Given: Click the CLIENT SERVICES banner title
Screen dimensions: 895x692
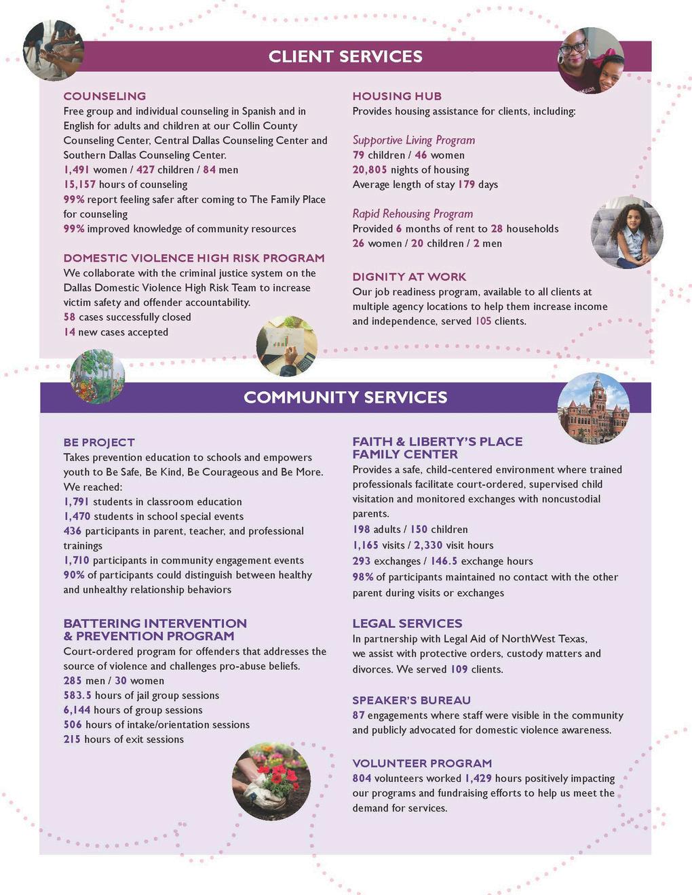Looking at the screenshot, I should [x=345, y=56].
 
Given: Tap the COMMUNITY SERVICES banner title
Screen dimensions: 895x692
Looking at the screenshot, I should [x=345, y=397].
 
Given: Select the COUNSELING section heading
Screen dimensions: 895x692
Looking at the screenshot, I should [x=104, y=96].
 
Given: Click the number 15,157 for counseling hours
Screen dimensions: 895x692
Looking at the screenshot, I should [x=79, y=184].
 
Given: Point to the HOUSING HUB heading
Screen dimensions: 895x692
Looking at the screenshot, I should [x=397, y=96].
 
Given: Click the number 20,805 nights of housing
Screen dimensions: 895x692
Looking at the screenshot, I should [x=370, y=170].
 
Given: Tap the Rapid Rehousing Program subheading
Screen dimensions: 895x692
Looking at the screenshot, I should [x=412, y=214].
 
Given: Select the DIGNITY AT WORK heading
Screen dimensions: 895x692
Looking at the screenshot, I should [x=409, y=277].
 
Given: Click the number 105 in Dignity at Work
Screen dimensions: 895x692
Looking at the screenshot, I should [x=483, y=321].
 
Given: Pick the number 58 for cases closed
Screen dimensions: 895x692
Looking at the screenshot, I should [x=69, y=317].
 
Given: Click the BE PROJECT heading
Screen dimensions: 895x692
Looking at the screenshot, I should [x=99, y=443].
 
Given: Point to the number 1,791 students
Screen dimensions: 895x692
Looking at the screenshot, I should [x=76, y=502].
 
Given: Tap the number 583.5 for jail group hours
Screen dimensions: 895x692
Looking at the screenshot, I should [x=77, y=695].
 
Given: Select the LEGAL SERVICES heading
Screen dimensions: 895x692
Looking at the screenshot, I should [x=407, y=623].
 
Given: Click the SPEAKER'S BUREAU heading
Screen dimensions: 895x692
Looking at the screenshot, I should [x=411, y=700].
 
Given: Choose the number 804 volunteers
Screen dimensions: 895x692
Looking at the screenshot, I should [x=362, y=778].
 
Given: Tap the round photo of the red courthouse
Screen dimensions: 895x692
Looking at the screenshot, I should [x=594, y=408].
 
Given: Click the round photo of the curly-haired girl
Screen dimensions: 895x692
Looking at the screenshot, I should [x=627, y=233].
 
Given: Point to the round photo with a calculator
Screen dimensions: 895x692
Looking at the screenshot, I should [x=287, y=346].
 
